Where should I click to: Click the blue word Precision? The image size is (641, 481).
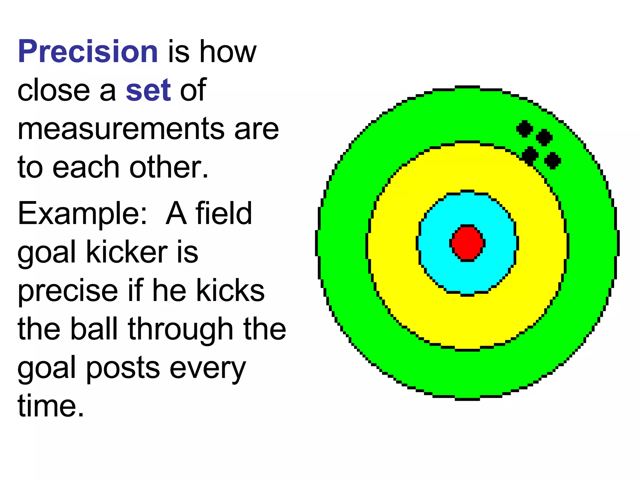88,51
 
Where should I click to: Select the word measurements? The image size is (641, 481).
121,129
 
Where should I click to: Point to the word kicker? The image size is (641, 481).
126,252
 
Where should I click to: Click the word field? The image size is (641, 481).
224,214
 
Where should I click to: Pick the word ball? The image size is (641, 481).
94,329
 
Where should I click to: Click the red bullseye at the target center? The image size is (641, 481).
467,243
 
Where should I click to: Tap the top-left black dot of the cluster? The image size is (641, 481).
525,129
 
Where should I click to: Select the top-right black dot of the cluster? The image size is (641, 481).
544,137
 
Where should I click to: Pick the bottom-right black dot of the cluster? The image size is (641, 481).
552,160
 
